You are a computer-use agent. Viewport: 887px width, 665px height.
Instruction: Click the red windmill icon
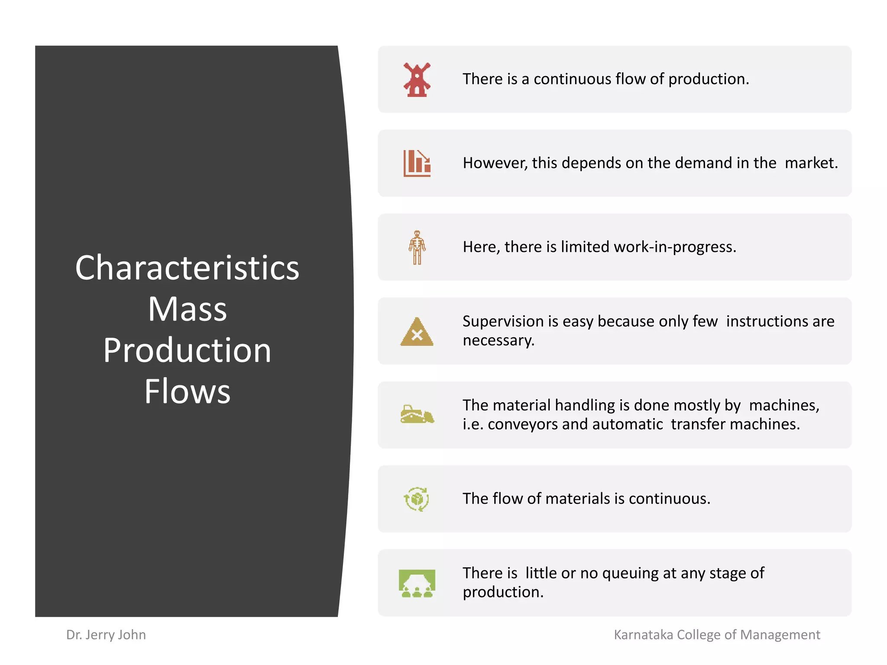coord(417,80)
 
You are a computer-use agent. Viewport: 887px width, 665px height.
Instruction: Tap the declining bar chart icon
coord(417,163)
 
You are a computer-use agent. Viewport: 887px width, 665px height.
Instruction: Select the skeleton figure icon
coord(417,247)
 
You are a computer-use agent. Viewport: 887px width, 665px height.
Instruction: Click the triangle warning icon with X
coord(417,332)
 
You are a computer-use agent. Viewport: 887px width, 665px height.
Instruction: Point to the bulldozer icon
coord(417,414)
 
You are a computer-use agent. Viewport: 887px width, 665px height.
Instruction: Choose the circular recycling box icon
coord(417,499)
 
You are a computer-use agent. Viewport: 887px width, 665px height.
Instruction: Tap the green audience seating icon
coord(417,583)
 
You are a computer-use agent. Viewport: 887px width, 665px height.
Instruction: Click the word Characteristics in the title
coord(187,268)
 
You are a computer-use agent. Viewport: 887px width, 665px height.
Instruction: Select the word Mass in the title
coord(187,309)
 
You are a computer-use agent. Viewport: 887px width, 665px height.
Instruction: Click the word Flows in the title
coord(187,391)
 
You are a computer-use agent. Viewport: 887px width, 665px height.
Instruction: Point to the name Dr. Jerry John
coord(106,635)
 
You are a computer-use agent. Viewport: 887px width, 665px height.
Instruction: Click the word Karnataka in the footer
coord(644,635)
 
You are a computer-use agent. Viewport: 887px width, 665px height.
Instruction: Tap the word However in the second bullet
coord(495,163)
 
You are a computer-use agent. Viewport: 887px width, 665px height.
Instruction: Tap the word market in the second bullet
coord(810,163)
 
